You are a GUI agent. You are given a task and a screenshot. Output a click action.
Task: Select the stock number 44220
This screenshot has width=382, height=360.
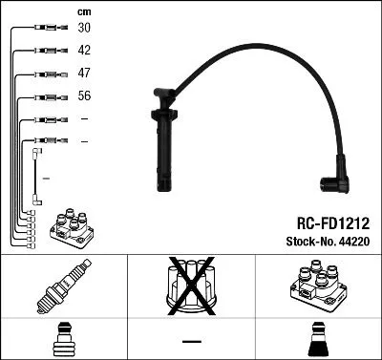[x=354, y=244]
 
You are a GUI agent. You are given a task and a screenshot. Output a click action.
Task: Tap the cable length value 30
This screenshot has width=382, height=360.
[x=84, y=28]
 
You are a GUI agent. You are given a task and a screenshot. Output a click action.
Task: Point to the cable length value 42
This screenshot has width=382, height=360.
[x=84, y=51]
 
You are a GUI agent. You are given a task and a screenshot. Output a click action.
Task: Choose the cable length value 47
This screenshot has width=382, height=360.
[x=84, y=74]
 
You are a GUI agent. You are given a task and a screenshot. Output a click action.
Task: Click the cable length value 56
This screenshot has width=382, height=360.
[x=84, y=96]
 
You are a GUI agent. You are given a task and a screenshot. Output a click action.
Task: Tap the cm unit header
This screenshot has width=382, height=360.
[x=83, y=11]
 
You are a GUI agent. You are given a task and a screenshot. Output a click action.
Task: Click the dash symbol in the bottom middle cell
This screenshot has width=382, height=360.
[x=191, y=340]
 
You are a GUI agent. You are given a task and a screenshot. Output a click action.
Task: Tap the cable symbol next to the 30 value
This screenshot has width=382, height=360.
[x=44, y=29]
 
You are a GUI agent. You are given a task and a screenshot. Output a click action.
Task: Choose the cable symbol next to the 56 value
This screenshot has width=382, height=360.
[x=44, y=97]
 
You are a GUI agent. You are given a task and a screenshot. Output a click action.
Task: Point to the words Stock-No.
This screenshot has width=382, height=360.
[x=314, y=244]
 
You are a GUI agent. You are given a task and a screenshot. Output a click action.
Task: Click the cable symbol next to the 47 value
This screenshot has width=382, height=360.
[x=44, y=74]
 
